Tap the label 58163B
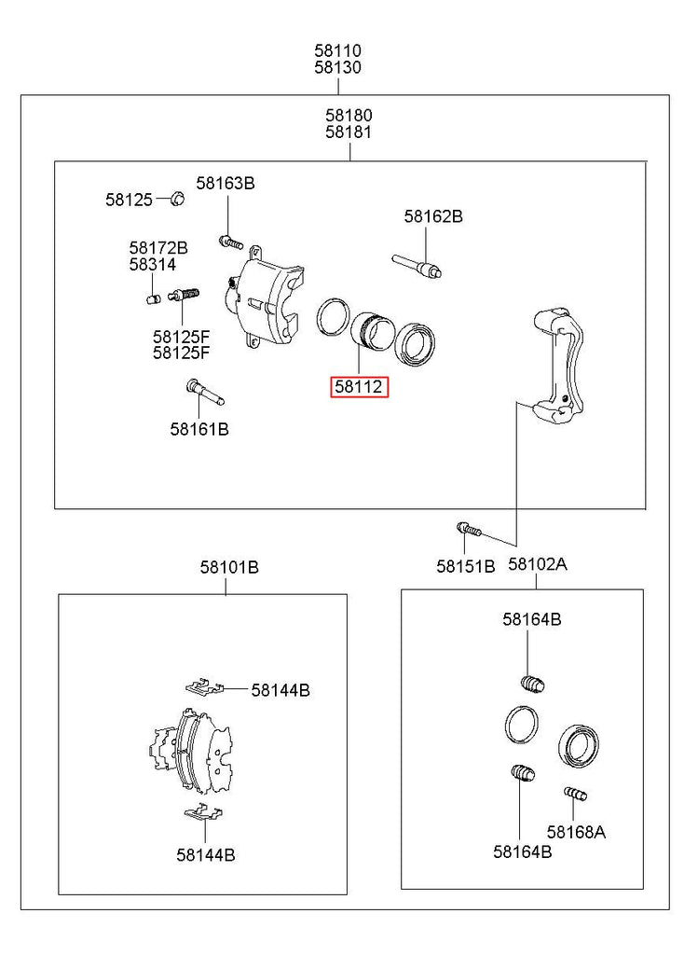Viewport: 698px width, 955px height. [225, 183]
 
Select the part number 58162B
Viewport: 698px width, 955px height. [433, 216]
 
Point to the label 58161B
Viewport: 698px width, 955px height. [199, 430]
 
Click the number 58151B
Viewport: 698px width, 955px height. [466, 565]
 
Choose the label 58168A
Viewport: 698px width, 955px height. [576, 832]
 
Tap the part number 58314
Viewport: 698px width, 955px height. [153, 265]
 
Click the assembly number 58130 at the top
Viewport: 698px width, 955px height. [337, 68]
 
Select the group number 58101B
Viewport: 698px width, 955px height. [229, 566]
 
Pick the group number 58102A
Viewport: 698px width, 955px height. [538, 564]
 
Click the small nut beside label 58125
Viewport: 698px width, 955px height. [176, 198]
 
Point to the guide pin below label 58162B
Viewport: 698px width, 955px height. [418, 265]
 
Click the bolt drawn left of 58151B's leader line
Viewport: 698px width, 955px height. [468, 530]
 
